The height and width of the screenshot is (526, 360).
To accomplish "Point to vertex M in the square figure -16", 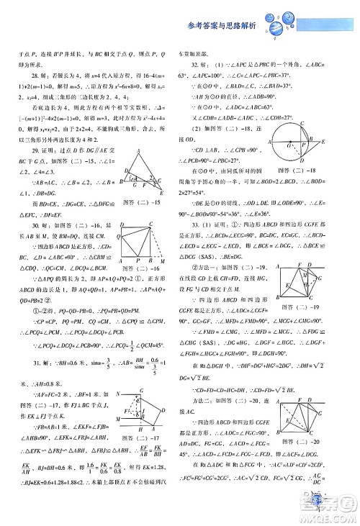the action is pyautogui.click(x=169, y=283).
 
